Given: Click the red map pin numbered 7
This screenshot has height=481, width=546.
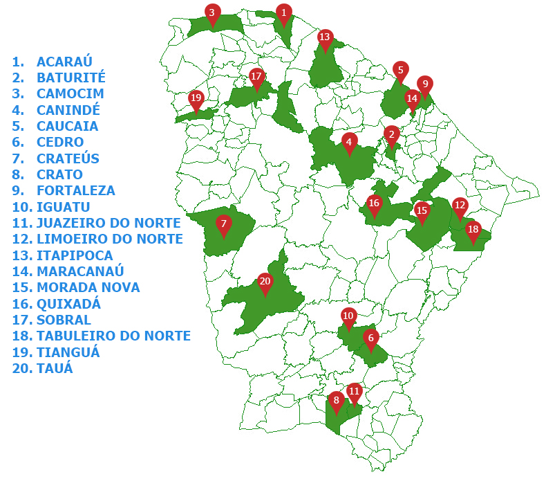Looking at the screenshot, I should pyautogui.click(x=223, y=224).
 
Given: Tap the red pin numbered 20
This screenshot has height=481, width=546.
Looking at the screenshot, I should pyautogui.click(x=265, y=282).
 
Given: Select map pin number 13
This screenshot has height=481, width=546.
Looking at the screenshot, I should pyautogui.click(x=325, y=37).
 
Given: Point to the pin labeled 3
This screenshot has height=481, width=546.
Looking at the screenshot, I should pyautogui.click(x=213, y=12).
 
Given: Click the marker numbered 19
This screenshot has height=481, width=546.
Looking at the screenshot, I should pyautogui.click(x=196, y=99).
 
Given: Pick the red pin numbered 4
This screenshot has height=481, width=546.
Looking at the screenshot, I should pyautogui.click(x=350, y=143).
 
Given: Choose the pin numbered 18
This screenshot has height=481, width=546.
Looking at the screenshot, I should pyautogui.click(x=473, y=230).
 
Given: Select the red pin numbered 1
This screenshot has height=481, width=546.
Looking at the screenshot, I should pyautogui.click(x=283, y=12).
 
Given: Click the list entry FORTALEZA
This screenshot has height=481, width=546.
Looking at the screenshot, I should pyautogui.click(x=76, y=190).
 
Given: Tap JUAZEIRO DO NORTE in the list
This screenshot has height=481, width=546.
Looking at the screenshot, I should pyautogui.click(x=109, y=223).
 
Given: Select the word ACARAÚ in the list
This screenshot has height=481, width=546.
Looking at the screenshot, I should pyautogui.click(x=64, y=62).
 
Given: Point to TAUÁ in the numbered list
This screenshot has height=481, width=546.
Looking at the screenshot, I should pyautogui.click(x=55, y=368).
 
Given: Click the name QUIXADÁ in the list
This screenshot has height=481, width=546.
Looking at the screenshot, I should pyautogui.click(x=68, y=304).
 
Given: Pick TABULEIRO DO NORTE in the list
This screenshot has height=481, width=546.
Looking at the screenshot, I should pyautogui.click(x=113, y=336).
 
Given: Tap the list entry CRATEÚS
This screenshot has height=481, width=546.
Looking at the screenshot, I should pyautogui.click(x=68, y=158).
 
